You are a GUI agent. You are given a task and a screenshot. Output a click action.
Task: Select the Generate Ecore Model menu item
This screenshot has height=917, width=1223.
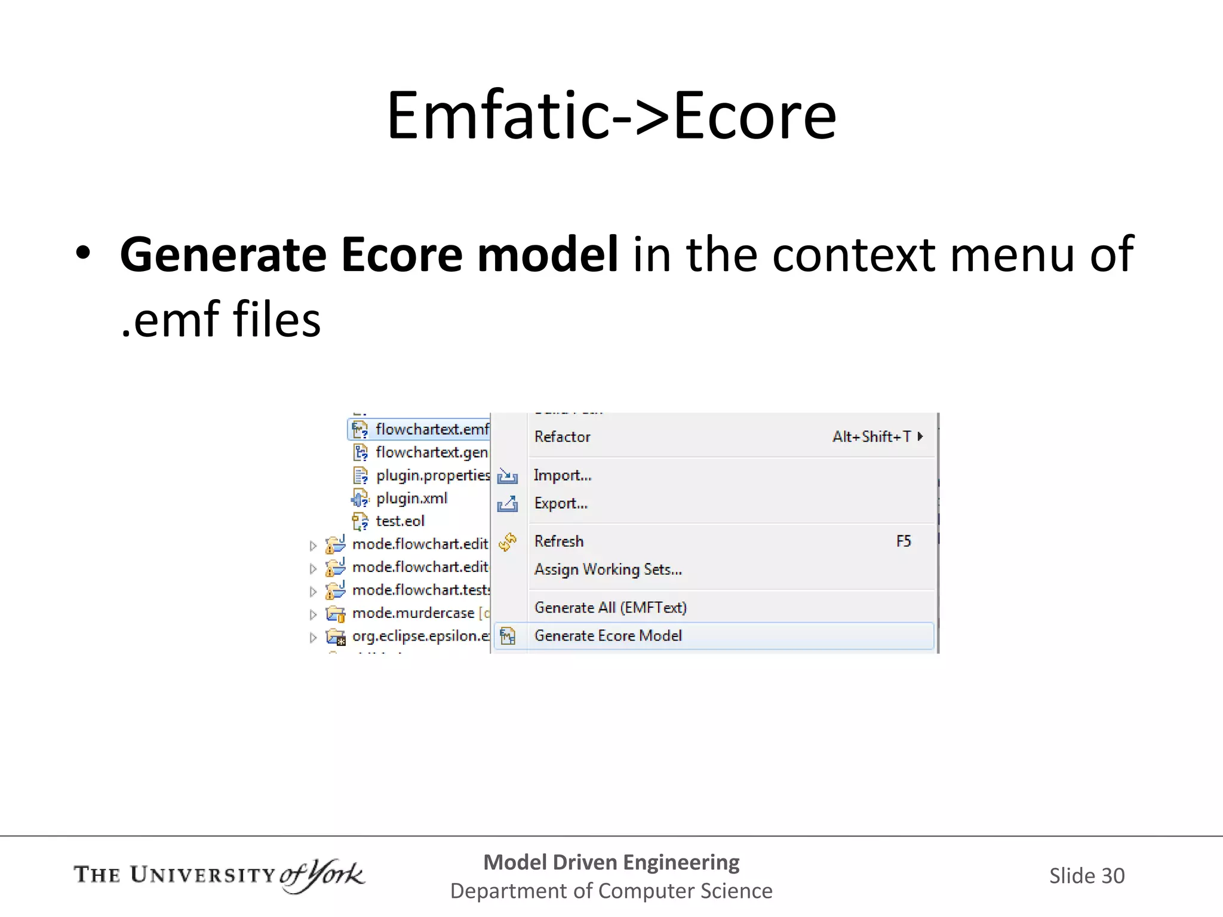point(608,636)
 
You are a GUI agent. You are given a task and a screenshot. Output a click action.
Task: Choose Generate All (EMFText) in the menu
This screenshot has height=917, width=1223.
point(610,608)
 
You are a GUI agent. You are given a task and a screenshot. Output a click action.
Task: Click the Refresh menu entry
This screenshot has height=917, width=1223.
point(559,541)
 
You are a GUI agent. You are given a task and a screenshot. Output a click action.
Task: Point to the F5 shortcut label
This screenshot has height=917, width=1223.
point(904,541)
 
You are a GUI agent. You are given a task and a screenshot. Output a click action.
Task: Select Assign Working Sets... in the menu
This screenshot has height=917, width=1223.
point(608,570)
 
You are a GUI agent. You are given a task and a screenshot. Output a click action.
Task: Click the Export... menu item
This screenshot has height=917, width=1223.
point(561,503)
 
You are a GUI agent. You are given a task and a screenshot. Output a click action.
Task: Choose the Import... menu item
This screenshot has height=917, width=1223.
point(563,475)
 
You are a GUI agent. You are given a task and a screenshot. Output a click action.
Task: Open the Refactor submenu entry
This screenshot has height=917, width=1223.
point(563,437)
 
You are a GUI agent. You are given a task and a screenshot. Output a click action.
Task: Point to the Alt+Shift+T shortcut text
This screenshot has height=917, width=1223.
point(872,437)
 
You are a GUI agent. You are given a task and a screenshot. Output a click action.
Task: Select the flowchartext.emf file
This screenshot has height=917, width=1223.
point(431,429)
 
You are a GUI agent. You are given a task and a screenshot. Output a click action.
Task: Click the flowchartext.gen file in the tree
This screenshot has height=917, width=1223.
point(431,453)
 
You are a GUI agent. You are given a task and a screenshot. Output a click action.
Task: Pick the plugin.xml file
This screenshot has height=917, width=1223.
point(411,498)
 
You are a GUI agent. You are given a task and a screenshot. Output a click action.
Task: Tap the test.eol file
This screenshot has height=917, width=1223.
point(400,521)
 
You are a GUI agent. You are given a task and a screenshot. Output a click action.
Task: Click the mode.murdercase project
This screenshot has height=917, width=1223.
point(413,613)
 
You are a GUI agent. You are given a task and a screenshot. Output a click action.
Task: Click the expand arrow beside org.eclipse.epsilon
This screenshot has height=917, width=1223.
point(313,638)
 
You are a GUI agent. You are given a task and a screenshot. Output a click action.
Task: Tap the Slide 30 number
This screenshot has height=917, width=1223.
point(1087,876)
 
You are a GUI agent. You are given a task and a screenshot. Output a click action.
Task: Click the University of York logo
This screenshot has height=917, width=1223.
point(219,875)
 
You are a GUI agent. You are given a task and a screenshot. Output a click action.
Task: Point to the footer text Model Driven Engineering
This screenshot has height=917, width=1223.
point(611,862)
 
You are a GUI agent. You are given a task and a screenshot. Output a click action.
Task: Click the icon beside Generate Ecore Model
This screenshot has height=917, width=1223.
point(508,636)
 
